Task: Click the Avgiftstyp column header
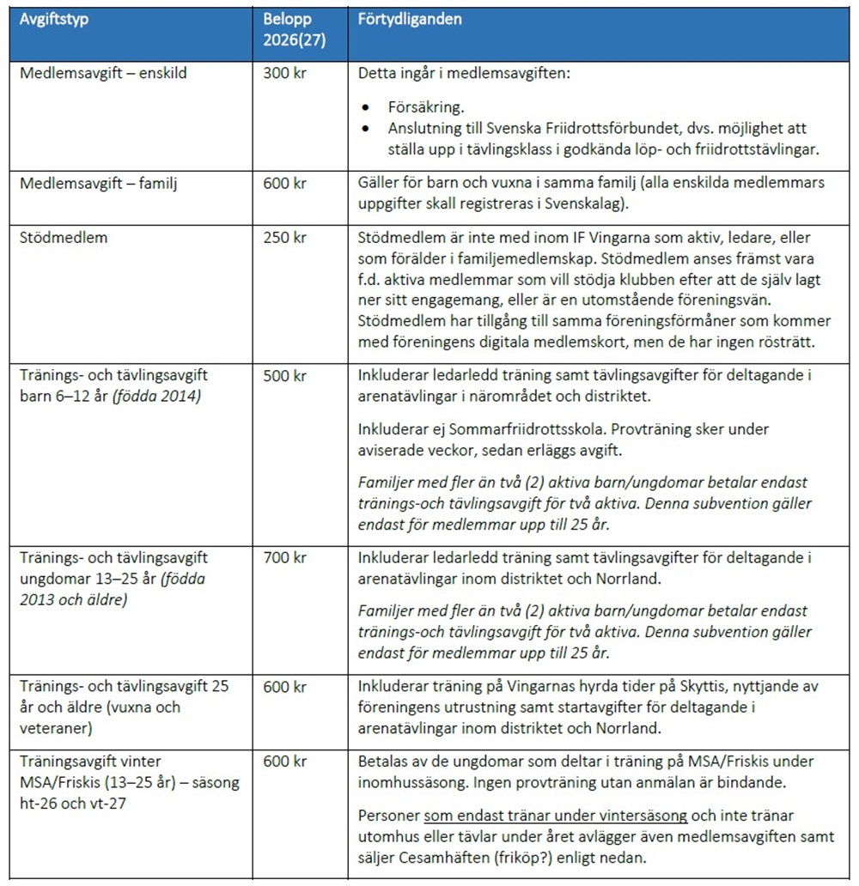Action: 54,19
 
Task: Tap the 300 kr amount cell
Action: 284,73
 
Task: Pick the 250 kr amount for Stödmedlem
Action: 284,237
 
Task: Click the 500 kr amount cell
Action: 284,375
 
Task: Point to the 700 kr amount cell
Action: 284,558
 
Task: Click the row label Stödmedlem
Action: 64,237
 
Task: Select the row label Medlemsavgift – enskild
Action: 103,73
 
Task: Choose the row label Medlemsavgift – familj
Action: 98,183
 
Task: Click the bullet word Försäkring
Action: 425,109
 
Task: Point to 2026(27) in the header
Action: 294,39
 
